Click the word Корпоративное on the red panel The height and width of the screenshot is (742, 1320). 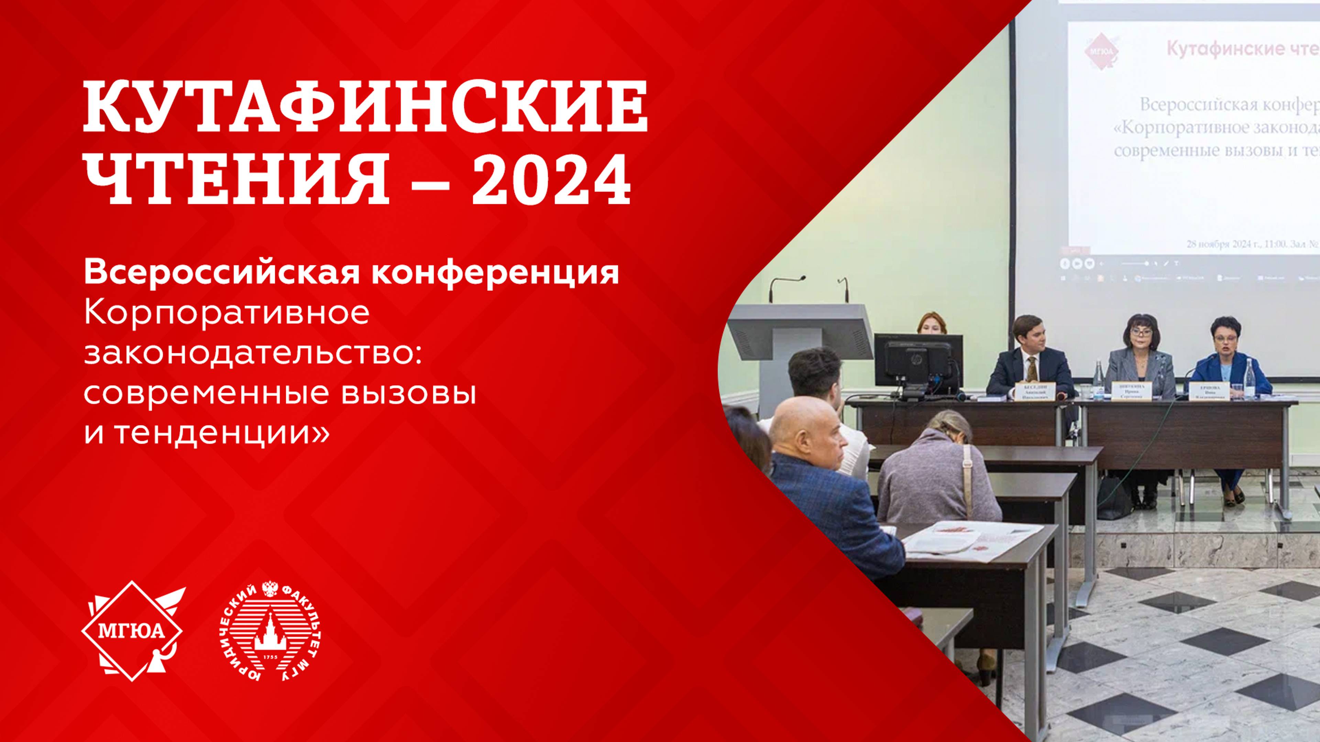point(227,313)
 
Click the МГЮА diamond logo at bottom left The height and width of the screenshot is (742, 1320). point(132,631)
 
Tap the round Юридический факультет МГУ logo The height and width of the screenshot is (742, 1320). point(270,631)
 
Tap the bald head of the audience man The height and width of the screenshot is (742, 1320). point(804,425)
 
